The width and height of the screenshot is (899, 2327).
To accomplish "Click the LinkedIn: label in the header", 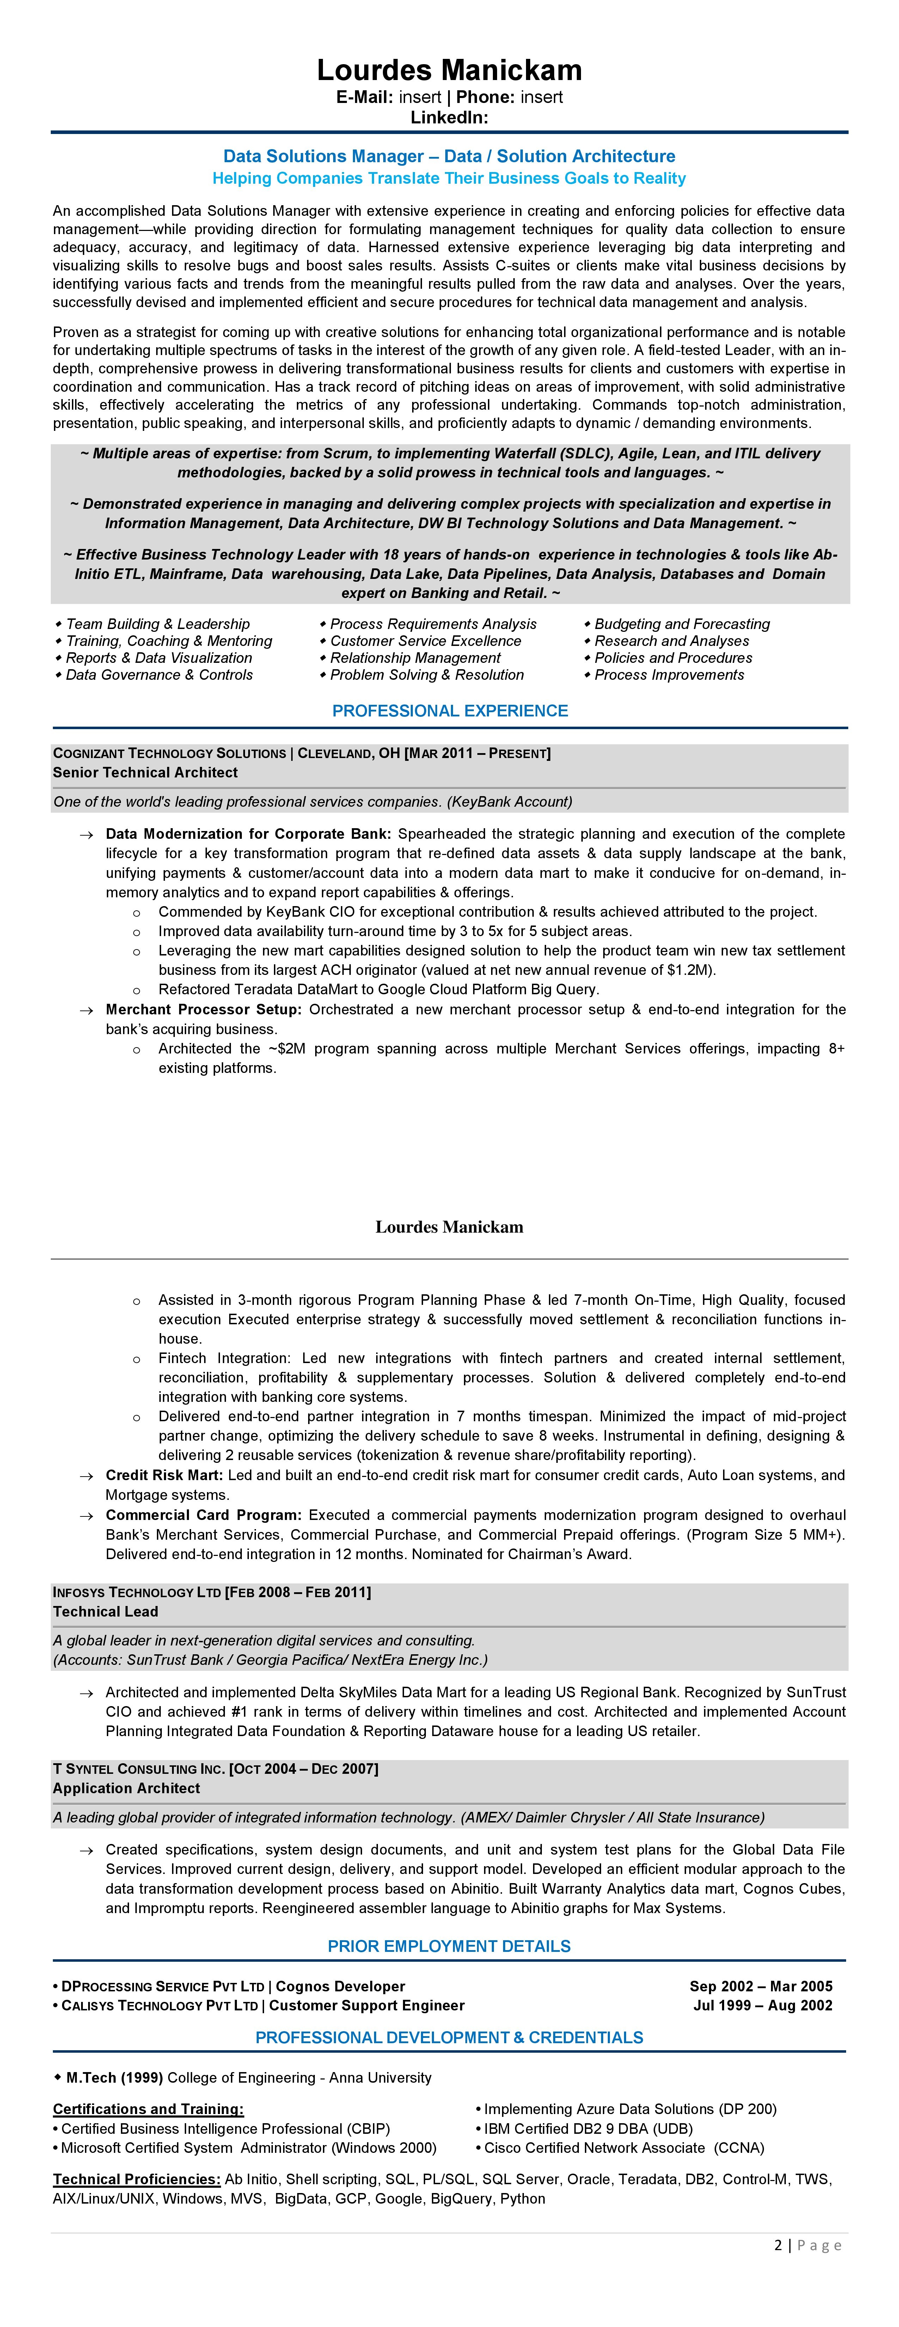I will coord(449,117).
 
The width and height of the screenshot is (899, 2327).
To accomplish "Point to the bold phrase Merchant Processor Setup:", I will coord(203,1009).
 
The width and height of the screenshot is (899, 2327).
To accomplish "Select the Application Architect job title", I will coord(127,1788).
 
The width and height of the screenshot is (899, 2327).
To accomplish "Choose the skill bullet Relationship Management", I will coord(415,658).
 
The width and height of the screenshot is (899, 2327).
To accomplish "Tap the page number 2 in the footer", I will coord(778,2245).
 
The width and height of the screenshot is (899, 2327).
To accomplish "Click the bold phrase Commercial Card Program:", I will coord(203,1515).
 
